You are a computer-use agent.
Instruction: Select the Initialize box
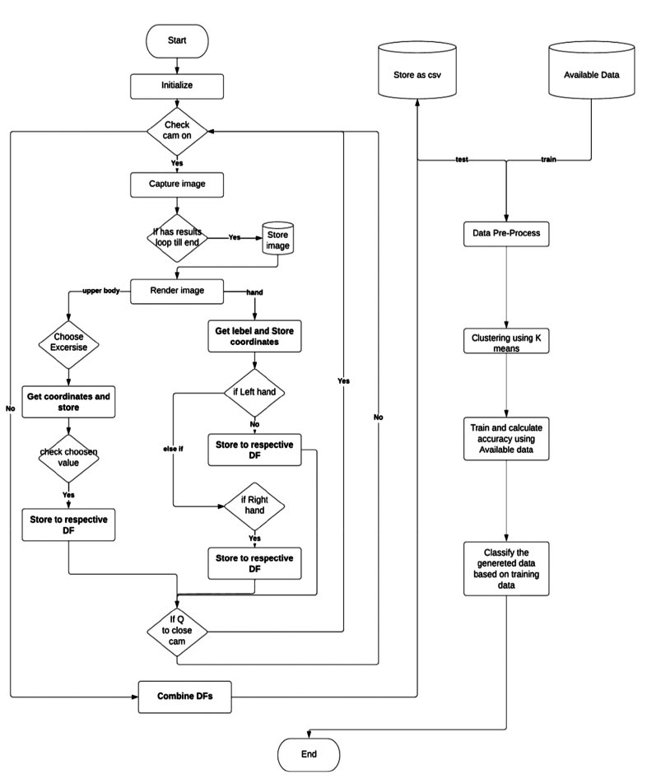pos(177,85)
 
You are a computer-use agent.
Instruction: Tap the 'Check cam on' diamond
pos(177,131)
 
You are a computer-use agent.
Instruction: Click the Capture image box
pos(177,184)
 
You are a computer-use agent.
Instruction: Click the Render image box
pos(177,290)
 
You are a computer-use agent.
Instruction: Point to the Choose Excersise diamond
pos(68,342)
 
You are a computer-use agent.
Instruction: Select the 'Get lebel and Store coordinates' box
pos(254,337)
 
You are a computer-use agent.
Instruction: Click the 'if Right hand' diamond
pos(254,504)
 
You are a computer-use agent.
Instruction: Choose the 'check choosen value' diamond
pos(68,458)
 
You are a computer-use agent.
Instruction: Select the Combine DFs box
pos(185,697)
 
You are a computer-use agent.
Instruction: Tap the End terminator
pos(308,753)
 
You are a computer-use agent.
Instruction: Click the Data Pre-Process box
pos(505,234)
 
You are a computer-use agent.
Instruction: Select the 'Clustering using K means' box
pos(505,342)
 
